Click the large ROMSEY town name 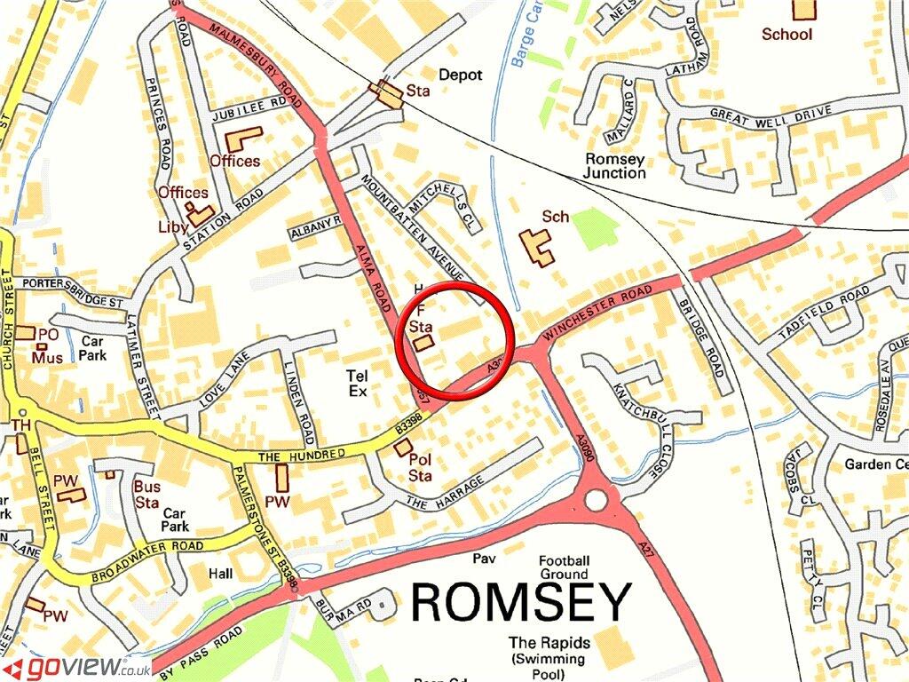pyautogui.click(x=521, y=604)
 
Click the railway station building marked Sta pyautogui.click(x=388, y=94)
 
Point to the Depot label pyautogui.click(x=461, y=75)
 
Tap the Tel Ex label pyautogui.click(x=357, y=383)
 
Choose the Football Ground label pyautogui.click(x=564, y=567)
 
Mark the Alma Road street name pyautogui.click(x=373, y=275)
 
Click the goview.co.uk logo pyautogui.click(x=76, y=667)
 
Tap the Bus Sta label pyautogui.click(x=146, y=495)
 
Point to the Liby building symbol pyautogui.click(x=201, y=216)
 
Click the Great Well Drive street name pyautogui.click(x=770, y=113)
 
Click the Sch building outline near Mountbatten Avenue pyautogui.click(x=536, y=247)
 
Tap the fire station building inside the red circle pyautogui.click(x=423, y=342)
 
